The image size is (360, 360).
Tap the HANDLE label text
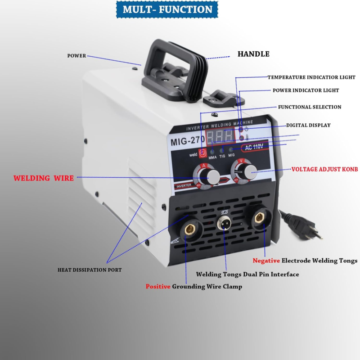[x=253, y=54]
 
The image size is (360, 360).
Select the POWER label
[x=76, y=56]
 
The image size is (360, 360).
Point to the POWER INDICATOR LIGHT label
[x=306, y=90]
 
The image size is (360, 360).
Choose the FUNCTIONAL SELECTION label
[x=309, y=107]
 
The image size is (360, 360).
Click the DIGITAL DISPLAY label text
[x=308, y=125]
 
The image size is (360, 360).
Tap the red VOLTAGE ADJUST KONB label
[x=324, y=170]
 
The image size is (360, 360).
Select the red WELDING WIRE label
[x=43, y=178]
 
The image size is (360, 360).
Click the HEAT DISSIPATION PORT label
[x=90, y=270]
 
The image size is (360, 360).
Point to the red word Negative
[x=266, y=261]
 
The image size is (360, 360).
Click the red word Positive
[x=157, y=286]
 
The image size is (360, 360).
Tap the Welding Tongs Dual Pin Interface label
[x=247, y=274]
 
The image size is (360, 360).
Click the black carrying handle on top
[x=173, y=67]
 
